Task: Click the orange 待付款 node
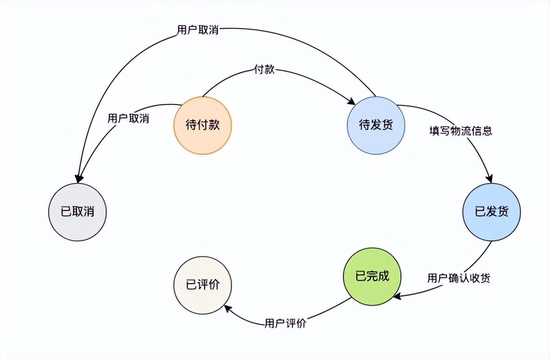pos(202,125)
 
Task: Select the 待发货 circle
pos(376,125)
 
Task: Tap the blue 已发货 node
pos(491,212)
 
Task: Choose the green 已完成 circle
pos(372,276)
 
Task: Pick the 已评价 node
pos(202,284)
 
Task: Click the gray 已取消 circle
pos(77,212)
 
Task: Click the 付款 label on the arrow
pos(264,69)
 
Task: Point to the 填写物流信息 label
pos(461,130)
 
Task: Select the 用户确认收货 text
pos(459,278)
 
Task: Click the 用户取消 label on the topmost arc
pos(197,30)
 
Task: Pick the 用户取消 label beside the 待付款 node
pos(128,118)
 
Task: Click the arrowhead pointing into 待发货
pos(352,102)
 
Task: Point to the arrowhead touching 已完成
pos(396,296)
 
